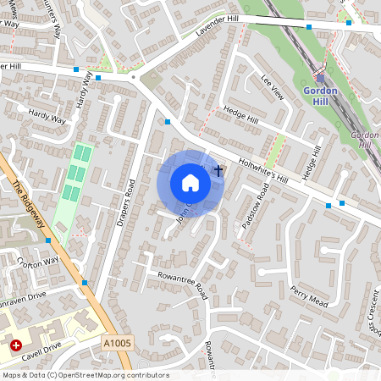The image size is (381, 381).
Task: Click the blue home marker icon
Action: (190, 182)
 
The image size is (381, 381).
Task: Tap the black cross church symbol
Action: (218, 171)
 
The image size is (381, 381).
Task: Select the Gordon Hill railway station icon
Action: (321, 75)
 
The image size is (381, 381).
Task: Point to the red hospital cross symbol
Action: (15, 345)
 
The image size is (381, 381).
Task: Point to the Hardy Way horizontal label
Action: (46, 116)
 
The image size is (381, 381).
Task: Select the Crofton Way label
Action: (38, 262)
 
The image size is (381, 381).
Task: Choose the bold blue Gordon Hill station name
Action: (320, 95)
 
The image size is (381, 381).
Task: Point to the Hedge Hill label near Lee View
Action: (240, 115)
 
